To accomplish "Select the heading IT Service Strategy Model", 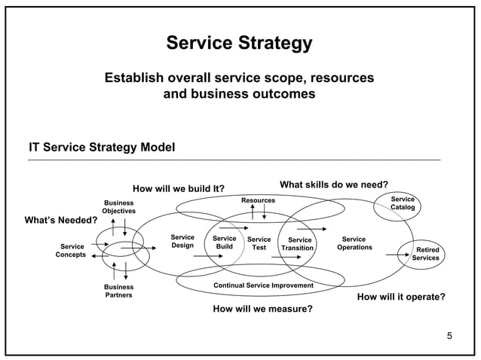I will (x=102, y=147).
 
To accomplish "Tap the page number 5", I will (x=449, y=335).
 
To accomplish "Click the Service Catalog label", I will (x=402, y=203).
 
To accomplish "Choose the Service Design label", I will (x=182, y=242).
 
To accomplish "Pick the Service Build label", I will (x=224, y=243).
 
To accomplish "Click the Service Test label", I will (x=259, y=243).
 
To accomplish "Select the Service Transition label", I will (x=297, y=244).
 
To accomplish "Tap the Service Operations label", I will (x=354, y=243).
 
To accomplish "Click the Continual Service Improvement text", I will (x=263, y=285).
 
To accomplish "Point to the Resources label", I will (x=258, y=200).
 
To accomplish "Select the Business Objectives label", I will (x=118, y=207).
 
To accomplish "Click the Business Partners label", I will (x=118, y=291).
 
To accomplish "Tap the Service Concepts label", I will (x=72, y=250).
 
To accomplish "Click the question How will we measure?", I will (x=262, y=309).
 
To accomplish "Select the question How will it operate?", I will (x=400, y=297).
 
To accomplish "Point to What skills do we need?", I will (x=334, y=185).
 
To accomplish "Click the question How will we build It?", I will (x=179, y=188).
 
